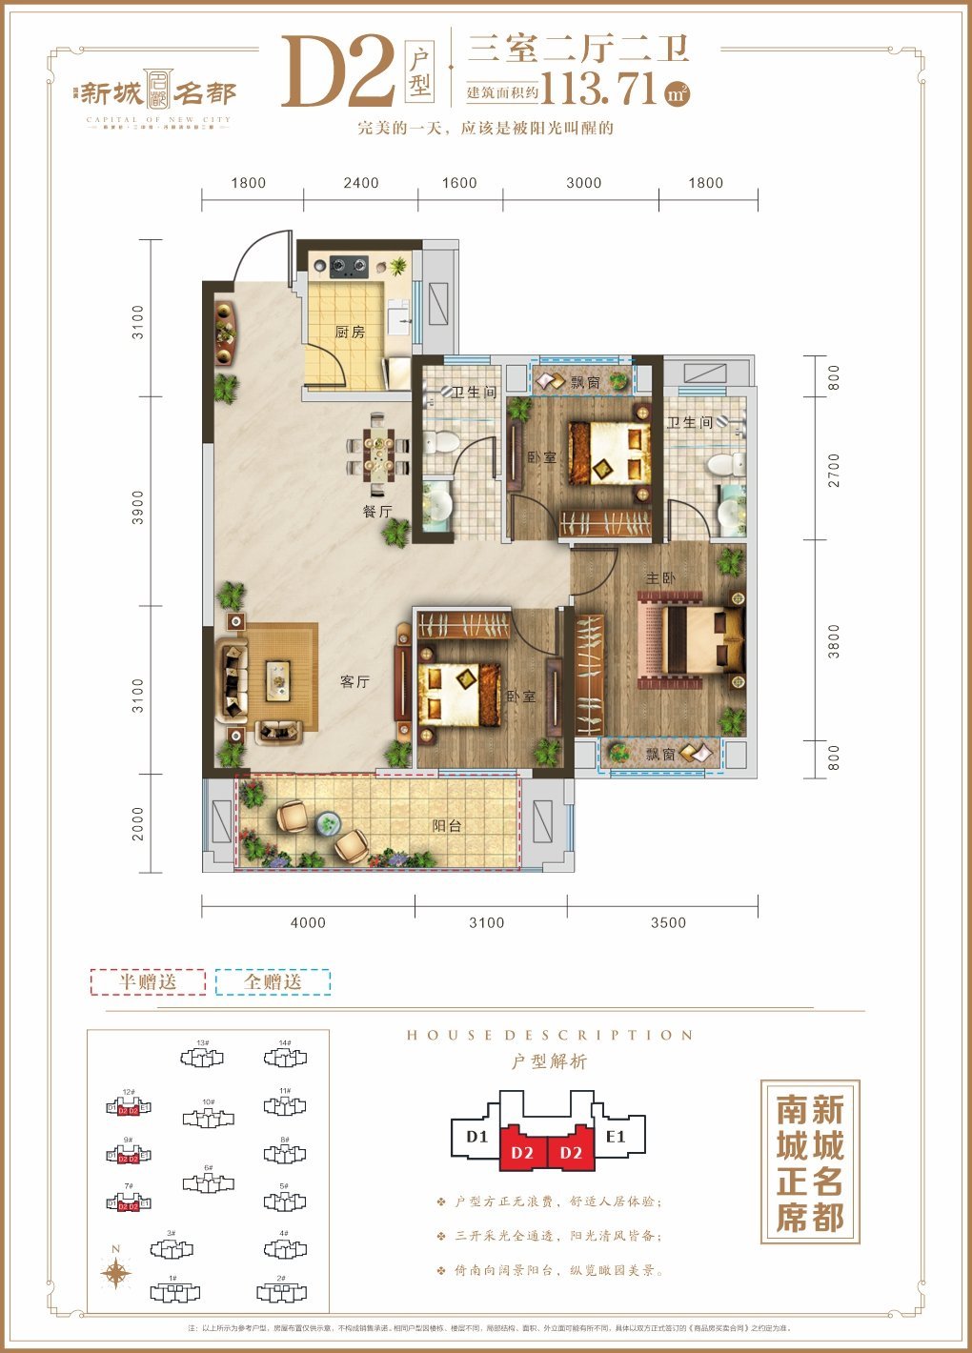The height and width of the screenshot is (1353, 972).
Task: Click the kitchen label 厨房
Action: click(x=350, y=333)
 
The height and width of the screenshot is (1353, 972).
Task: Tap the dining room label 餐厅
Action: click(x=377, y=511)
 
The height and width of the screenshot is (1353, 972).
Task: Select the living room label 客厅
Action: click(x=354, y=681)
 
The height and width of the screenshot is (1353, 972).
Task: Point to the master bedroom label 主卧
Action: click(x=660, y=578)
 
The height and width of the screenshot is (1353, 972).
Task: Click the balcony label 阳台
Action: click(x=447, y=825)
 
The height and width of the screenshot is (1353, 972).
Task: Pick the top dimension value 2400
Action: click(x=361, y=183)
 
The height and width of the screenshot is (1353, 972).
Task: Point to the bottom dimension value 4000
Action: click(x=308, y=922)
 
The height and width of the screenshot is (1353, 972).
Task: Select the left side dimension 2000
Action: click(x=138, y=823)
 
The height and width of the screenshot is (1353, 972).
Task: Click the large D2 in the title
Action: click(x=337, y=72)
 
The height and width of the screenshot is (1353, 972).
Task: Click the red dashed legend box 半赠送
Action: click(x=148, y=981)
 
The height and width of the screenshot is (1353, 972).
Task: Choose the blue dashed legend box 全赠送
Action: click(x=273, y=981)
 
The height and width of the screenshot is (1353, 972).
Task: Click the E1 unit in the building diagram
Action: click(x=616, y=1136)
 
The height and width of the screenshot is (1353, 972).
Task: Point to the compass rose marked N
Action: click(x=116, y=1273)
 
